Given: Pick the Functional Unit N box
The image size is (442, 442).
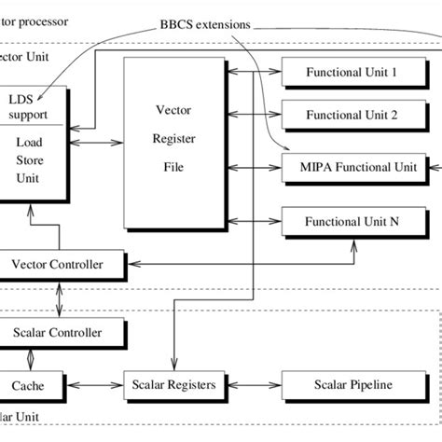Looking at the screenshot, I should tap(354, 221).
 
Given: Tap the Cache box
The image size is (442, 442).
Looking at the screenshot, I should tap(32, 384).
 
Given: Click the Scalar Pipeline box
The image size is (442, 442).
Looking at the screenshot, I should tap(354, 384).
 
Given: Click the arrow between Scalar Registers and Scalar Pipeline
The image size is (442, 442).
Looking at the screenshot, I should tap(250, 384).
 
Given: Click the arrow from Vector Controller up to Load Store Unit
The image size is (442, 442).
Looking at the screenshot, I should tap(32, 233).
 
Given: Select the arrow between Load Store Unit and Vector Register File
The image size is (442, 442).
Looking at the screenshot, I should tap(97, 143).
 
